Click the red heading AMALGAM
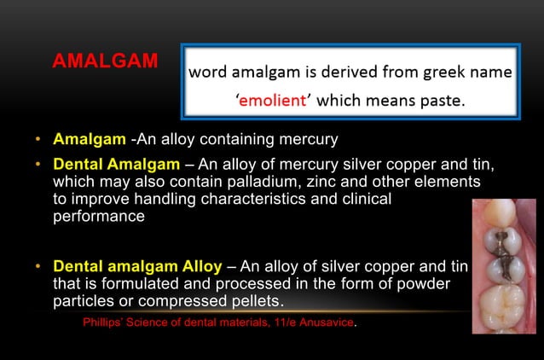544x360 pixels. [x=105, y=61]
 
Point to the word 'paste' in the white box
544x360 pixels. [x=440, y=101]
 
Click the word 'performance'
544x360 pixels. [x=99, y=217]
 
